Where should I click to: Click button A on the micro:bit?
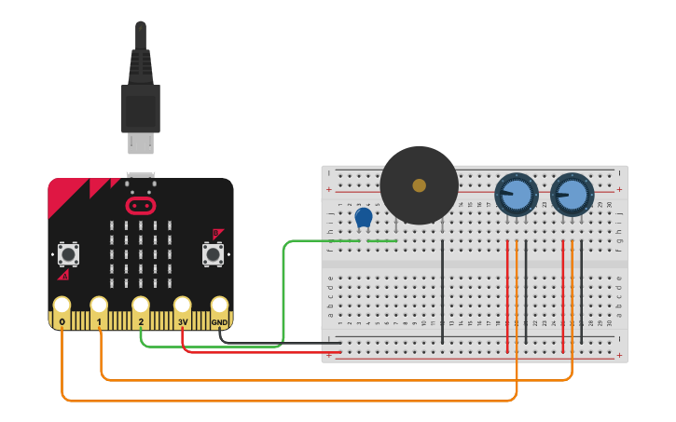[x=68, y=253]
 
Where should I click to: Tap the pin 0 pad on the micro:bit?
[x=62, y=306]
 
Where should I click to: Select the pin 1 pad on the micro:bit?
[x=100, y=306]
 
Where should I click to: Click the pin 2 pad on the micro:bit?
[x=141, y=306]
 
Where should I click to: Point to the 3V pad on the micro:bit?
[x=182, y=306]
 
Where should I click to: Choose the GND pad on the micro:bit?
[x=219, y=306]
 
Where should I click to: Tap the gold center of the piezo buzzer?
[x=419, y=185]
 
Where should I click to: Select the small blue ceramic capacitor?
[x=364, y=219]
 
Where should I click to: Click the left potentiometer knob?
[x=516, y=195]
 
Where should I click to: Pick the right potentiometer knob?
[x=572, y=195]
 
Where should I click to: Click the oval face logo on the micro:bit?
[x=141, y=204]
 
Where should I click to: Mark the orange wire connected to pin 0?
[x=280, y=401]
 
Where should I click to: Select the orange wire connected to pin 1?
[x=326, y=380]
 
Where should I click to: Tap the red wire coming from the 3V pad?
[x=252, y=352]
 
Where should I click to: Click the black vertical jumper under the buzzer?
[x=443, y=289]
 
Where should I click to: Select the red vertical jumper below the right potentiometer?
[x=563, y=298]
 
